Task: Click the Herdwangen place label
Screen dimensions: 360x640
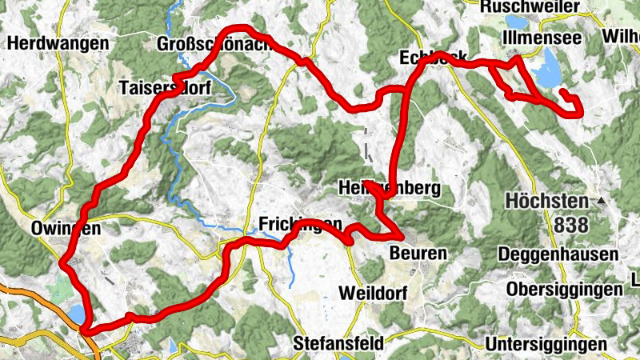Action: (50, 42)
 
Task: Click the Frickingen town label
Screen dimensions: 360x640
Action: (300, 223)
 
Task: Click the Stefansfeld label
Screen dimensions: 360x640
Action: (338, 343)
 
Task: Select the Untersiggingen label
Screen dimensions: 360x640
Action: (546, 343)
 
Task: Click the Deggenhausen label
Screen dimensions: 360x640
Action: (558, 254)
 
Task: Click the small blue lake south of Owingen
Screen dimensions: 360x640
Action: (75, 313)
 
